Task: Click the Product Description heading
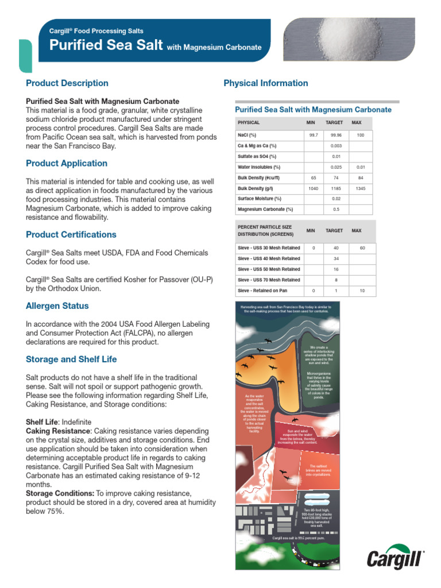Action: [67, 83]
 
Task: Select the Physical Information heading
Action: [265, 83]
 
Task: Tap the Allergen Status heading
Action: [57, 306]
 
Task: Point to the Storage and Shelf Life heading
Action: [71, 359]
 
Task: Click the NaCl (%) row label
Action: [247, 135]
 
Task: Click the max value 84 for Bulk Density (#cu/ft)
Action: [361, 178]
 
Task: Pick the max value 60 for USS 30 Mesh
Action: [362, 247]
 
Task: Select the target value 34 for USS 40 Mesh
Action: [336, 258]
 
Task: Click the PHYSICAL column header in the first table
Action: [249, 123]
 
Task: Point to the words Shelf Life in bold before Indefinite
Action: [42, 422]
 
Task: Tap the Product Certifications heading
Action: [71, 235]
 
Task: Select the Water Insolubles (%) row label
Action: [259, 167]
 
